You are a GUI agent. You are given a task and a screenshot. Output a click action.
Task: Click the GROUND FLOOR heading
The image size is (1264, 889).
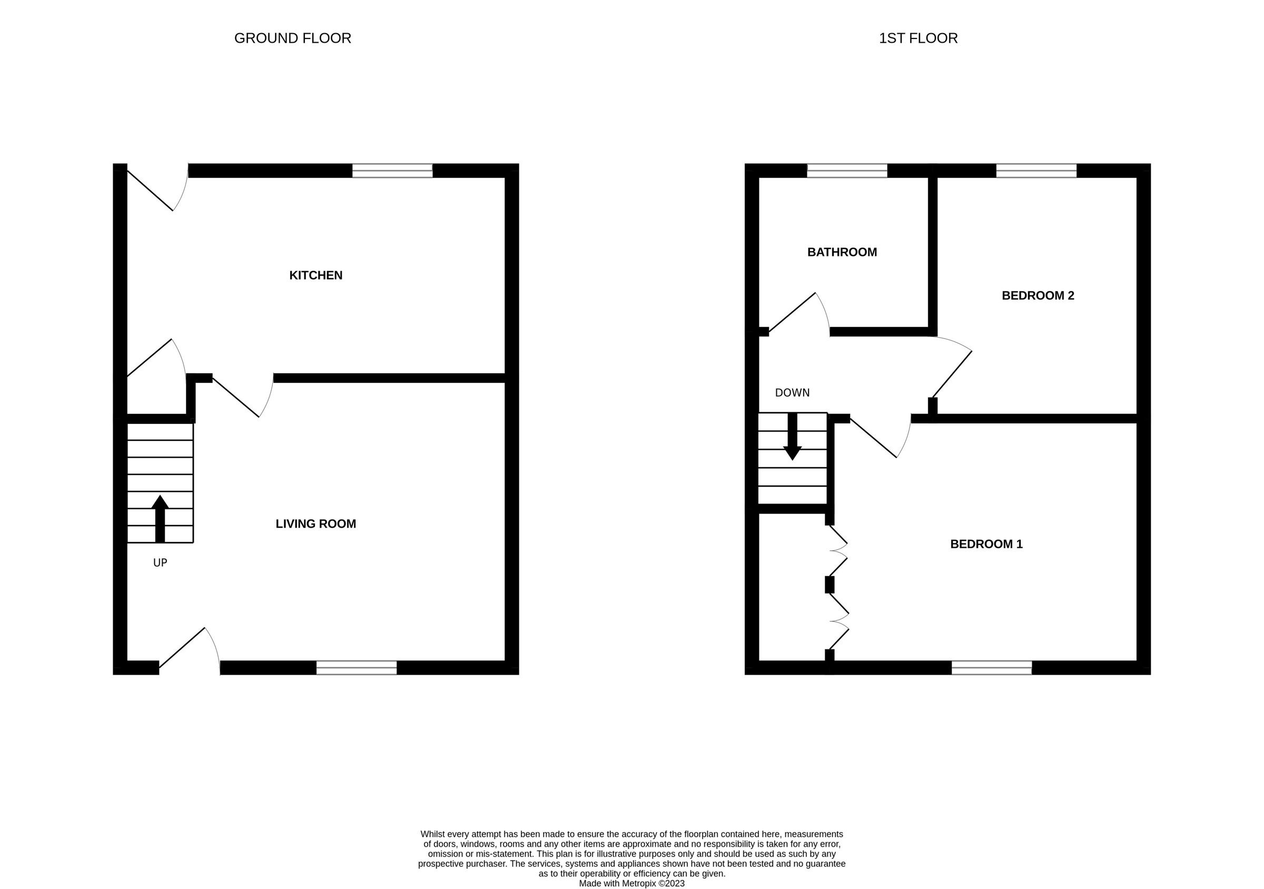[x=292, y=38]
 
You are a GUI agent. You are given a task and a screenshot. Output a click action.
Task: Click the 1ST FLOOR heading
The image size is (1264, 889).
[x=918, y=38]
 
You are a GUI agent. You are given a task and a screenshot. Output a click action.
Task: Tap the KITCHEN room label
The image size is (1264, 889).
[x=315, y=275]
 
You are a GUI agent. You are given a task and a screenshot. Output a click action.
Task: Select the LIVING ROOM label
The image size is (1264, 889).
[x=315, y=523]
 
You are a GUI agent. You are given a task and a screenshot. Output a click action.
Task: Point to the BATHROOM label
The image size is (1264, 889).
[x=842, y=252]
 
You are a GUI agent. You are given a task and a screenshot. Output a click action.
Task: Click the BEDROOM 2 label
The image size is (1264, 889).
[x=1038, y=295]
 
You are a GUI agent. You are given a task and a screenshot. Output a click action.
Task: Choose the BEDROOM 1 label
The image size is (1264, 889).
[x=986, y=544]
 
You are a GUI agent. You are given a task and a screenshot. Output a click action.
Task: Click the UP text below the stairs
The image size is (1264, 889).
[x=160, y=562]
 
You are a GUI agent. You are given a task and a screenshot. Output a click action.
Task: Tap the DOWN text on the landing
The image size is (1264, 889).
[x=792, y=392]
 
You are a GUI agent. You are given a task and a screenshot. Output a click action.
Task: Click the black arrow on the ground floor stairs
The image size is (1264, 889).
[x=160, y=517]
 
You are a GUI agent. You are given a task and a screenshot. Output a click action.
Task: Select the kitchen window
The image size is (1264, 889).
[x=392, y=171]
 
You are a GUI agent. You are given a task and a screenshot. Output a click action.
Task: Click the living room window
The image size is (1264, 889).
[x=356, y=667]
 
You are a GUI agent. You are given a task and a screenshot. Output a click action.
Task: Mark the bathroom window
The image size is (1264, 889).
[x=847, y=171]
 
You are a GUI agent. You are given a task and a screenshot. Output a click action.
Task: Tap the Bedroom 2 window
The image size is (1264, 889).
[x=1036, y=171]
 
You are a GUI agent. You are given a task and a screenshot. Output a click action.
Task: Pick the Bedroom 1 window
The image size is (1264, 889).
[x=992, y=667]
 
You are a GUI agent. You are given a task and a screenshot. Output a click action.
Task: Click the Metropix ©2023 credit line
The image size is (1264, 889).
[x=631, y=884]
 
